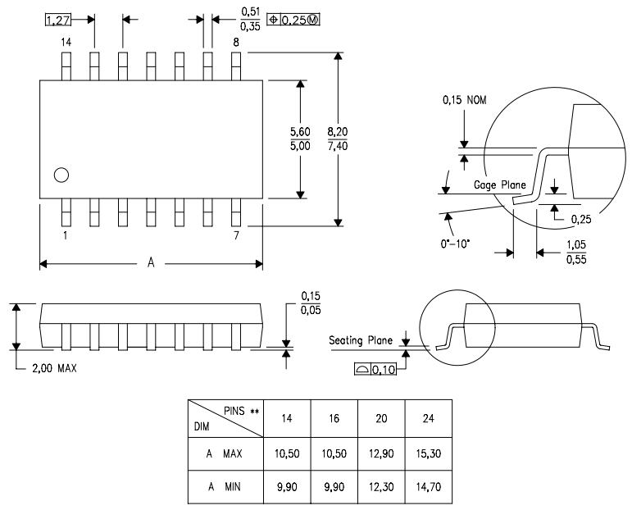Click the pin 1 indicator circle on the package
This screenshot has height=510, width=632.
(x=61, y=174)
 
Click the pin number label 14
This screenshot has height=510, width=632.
(x=66, y=41)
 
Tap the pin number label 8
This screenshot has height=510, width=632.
(x=236, y=41)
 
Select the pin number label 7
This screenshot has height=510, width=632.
(x=236, y=235)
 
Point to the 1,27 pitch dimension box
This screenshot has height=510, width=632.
(x=57, y=20)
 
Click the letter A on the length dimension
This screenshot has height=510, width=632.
(x=151, y=263)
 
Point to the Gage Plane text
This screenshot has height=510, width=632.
(x=499, y=185)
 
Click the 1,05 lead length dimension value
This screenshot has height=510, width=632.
(x=575, y=244)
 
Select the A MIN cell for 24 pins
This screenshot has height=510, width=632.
(x=430, y=488)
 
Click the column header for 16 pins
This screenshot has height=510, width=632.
(x=334, y=417)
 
